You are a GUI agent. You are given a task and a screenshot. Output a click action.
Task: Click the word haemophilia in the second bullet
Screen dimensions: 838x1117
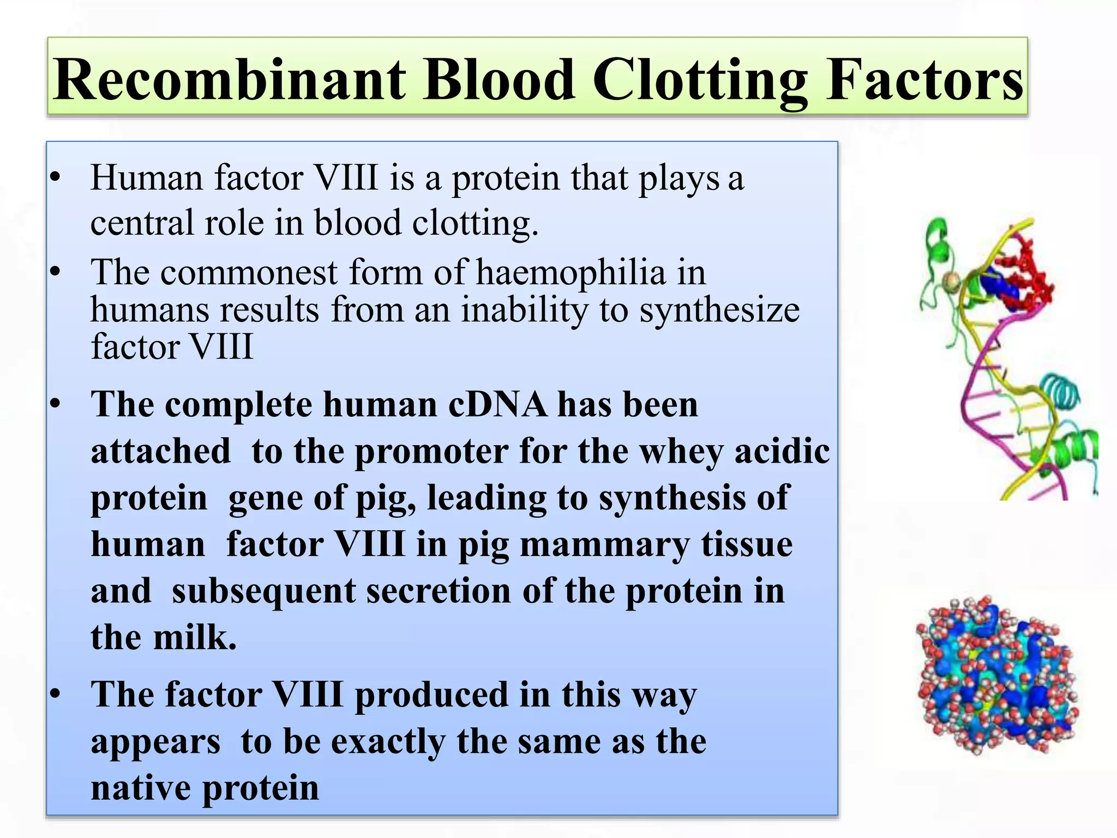[x=571, y=272]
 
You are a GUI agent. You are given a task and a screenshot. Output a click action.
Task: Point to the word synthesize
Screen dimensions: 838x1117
[x=719, y=310]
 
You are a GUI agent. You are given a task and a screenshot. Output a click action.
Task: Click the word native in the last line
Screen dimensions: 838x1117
[x=141, y=788]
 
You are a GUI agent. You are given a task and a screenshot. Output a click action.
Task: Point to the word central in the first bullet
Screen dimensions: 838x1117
[x=141, y=223]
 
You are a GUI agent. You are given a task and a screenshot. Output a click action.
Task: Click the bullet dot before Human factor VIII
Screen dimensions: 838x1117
[x=55, y=177]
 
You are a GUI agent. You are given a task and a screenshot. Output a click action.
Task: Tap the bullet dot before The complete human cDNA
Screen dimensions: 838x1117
[x=55, y=404]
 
